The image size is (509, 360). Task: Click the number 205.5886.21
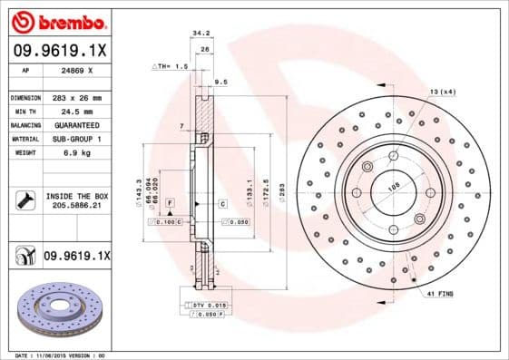tap(76, 207)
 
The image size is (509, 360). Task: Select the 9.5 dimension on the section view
tap(219, 83)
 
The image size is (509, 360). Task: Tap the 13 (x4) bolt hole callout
tap(442, 92)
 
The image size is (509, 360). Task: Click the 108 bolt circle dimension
tap(394, 188)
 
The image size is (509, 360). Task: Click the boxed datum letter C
tap(222, 204)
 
